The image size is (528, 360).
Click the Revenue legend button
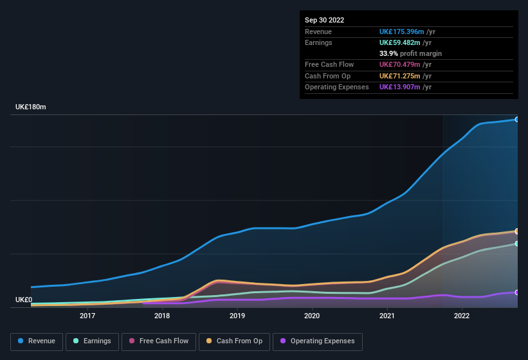coord(37,341)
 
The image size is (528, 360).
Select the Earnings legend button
coord(92,341)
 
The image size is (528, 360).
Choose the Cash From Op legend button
coord(234,341)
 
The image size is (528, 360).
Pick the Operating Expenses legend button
coord(317,341)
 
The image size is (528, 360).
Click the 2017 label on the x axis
coord(87,316)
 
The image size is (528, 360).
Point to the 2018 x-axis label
coord(162,316)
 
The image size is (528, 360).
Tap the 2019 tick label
coord(237,316)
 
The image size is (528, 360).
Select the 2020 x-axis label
coord(312,316)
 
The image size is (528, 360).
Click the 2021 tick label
coord(387,316)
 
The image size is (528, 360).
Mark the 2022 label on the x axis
coord(461,316)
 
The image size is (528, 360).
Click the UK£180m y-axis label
coord(31,107)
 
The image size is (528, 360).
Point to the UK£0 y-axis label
coord(24,300)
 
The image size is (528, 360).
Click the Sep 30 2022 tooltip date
coord(325,20)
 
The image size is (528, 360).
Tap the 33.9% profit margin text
coord(410,53)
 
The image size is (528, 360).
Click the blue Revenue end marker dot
coord(516,120)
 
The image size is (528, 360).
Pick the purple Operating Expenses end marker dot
coord(516,292)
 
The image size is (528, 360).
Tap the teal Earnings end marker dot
coord(516,244)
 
